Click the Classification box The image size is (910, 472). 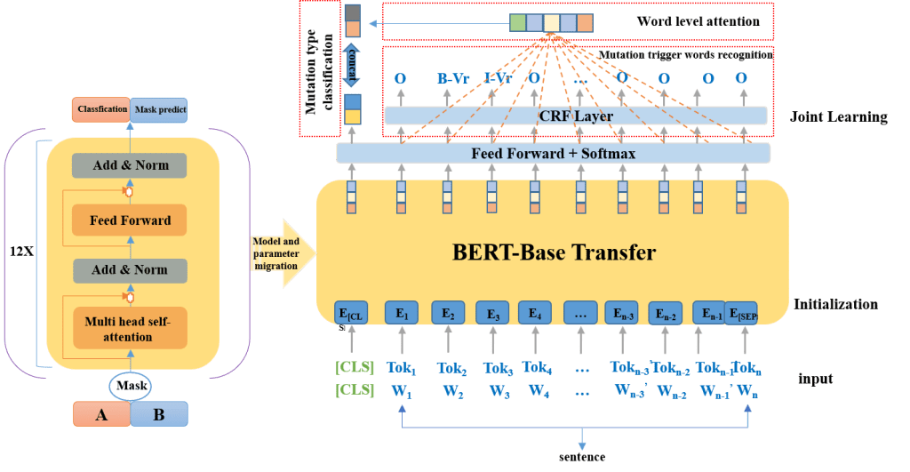pyautogui.click(x=101, y=109)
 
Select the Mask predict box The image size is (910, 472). pyautogui.click(x=159, y=109)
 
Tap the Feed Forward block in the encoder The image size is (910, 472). pyautogui.click(x=131, y=220)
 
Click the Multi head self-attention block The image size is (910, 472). pyautogui.click(x=131, y=326)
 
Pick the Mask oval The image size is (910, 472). pyautogui.click(x=130, y=387)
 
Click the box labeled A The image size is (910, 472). pyautogui.click(x=101, y=414)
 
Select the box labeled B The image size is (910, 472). pyautogui.click(x=159, y=414)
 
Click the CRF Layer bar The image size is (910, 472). pyautogui.click(x=575, y=116)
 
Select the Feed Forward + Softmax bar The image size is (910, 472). pyautogui.click(x=553, y=153)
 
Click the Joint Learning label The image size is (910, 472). pyautogui.click(x=838, y=116)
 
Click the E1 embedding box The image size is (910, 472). pyautogui.click(x=401, y=313)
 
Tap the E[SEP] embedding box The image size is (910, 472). pyautogui.click(x=740, y=313)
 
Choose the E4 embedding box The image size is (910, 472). pyautogui.click(x=535, y=313)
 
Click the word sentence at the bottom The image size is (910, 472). pyautogui.click(x=582, y=457)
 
